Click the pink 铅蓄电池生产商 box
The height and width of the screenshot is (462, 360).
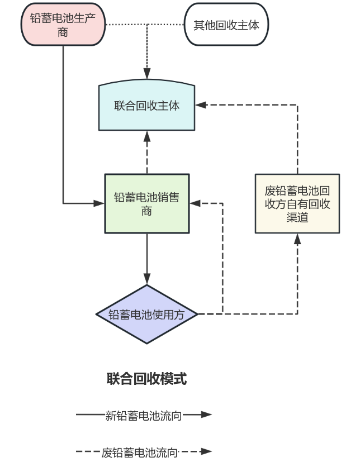[63, 25]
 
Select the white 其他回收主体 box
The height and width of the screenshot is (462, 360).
[226, 25]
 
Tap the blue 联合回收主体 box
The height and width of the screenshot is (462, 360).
[146, 106]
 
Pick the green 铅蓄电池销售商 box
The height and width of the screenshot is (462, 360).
[146, 204]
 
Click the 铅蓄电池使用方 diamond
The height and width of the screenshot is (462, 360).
[146, 314]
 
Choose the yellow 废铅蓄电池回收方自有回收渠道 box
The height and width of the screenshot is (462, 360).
[297, 203]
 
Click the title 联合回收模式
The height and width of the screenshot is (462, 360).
[146, 379]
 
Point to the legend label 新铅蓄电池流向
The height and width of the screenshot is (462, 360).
[144, 415]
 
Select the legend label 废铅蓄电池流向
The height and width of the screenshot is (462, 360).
[140, 452]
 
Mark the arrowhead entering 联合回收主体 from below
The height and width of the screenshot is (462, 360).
[147, 136]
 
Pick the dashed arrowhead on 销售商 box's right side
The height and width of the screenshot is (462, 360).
[195, 203]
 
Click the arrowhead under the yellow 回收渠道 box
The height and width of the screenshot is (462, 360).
[297, 239]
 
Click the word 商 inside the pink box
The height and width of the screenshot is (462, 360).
[63, 32]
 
